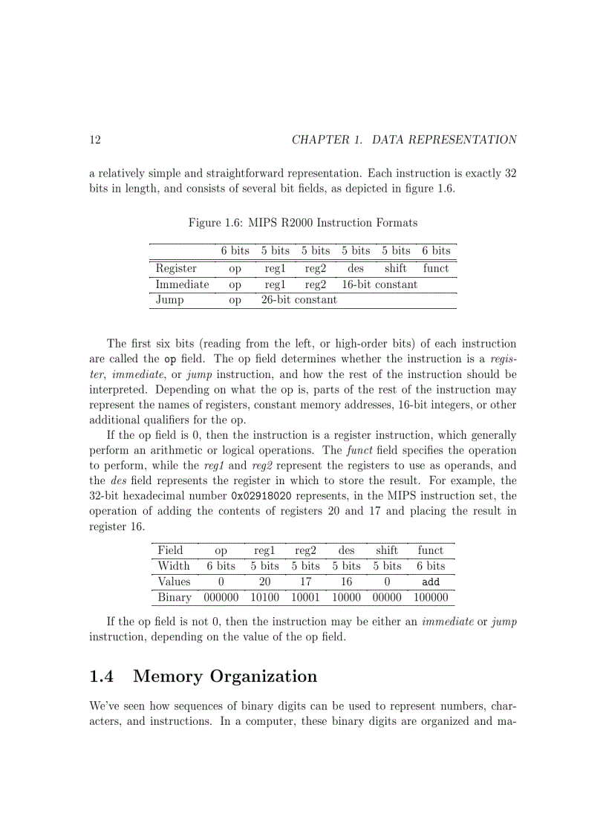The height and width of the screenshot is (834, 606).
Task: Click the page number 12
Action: tap(95, 140)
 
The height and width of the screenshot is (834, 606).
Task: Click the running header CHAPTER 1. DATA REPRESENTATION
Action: tap(404, 140)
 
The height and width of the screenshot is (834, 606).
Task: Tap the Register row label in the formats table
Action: tap(176, 268)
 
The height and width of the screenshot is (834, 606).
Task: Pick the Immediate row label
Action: tap(182, 284)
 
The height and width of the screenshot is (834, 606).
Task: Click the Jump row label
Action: tap(169, 299)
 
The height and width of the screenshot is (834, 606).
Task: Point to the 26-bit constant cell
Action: tap(299, 299)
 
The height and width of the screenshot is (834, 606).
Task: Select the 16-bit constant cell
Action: tap(379, 284)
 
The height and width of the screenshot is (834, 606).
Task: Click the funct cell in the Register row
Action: tap(436, 268)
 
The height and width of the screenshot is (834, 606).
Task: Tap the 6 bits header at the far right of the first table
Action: tap(436, 251)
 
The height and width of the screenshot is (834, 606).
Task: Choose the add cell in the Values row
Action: tap(430, 581)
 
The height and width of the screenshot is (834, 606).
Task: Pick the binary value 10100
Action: tap(264, 597)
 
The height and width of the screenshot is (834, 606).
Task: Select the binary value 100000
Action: tap(430, 597)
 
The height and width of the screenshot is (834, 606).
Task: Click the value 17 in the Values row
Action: tap(305, 581)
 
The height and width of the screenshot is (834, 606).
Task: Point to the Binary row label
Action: tap(175, 597)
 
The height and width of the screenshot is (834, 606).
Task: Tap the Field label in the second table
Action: tap(170, 550)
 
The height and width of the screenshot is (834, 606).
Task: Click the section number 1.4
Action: tap(101, 677)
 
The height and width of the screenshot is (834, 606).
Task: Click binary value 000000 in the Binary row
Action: tap(221, 597)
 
